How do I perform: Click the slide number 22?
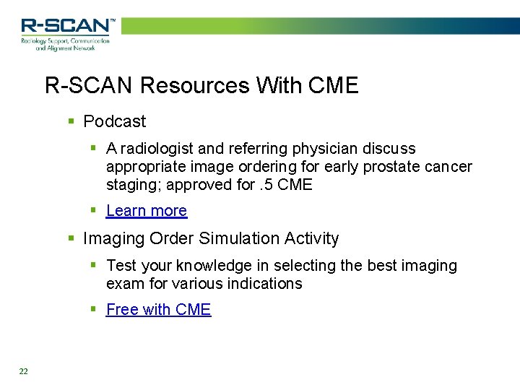(24, 371)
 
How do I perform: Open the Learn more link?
(147, 211)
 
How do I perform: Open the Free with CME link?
(158, 309)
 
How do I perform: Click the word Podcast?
(114, 121)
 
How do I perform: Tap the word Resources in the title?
(188, 85)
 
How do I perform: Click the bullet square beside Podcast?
(71, 121)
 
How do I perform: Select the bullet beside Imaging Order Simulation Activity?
(71, 238)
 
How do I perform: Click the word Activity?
(311, 238)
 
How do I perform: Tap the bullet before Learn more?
(94, 211)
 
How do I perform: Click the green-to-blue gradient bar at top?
(318, 26)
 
